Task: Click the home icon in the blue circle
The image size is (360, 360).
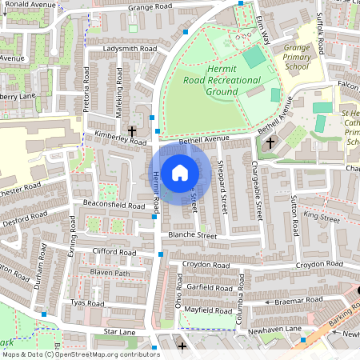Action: pyautogui.click(x=180, y=171)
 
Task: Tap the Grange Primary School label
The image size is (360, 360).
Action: pyautogui.click(x=297, y=58)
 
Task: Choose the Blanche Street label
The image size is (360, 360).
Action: pyautogui.click(x=192, y=237)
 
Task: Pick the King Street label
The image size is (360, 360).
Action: pyautogui.click(x=322, y=217)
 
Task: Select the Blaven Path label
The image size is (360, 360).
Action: pyautogui.click(x=110, y=273)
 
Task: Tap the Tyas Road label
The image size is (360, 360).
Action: pyautogui.click(x=88, y=304)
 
